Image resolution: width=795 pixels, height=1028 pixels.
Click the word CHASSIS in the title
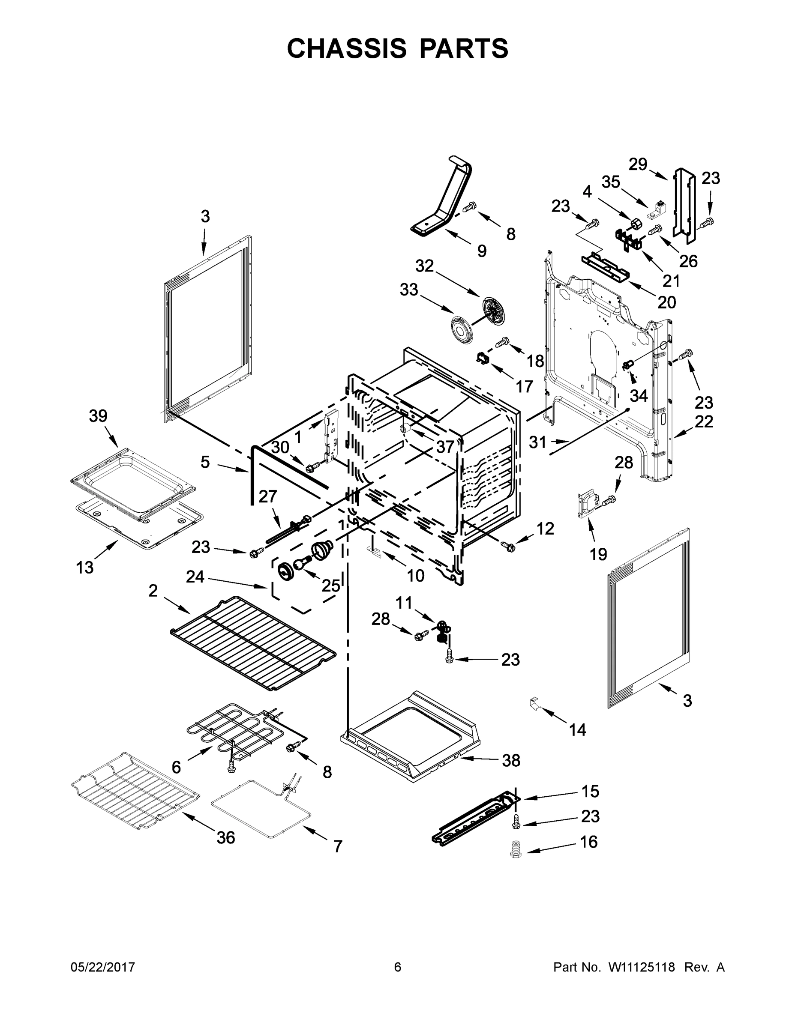click(x=347, y=48)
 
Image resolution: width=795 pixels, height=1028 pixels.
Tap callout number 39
click(x=98, y=416)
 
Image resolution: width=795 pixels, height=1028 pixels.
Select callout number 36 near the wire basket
click(x=225, y=837)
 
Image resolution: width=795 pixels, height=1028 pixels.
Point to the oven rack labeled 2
click(x=253, y=642)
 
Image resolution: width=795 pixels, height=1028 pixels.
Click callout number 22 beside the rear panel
click(x=704, y=421)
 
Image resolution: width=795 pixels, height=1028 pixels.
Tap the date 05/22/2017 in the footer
click(x=103, y=967)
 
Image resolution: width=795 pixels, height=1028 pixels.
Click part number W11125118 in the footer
click(x=642, y=967)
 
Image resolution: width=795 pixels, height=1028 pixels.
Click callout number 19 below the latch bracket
click(x=598, y=554)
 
